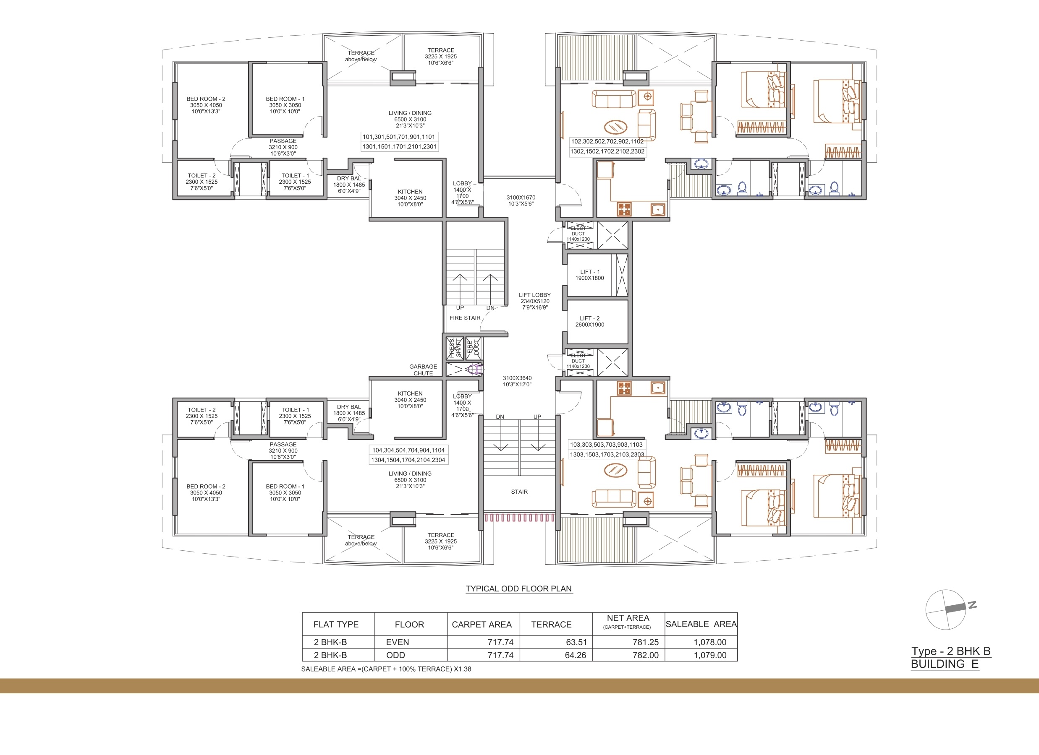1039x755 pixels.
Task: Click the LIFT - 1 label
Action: (589, 275)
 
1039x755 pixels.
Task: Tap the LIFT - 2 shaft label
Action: (589, 321)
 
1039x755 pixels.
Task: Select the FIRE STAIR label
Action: (465, 318)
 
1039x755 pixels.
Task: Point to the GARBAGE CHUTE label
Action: (423, 370)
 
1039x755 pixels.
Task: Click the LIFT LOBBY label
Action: (535, 301)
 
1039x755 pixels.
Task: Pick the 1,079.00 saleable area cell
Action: (709, 655)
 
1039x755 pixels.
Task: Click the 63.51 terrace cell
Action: (576, 642)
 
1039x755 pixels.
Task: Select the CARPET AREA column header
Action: (482, 625)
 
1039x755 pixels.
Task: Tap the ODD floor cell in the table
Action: (395, 655)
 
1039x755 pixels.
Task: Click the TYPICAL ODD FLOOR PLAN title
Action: (518, 589)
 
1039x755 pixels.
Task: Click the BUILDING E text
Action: (944, 664)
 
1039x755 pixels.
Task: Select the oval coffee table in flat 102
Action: (615, 126)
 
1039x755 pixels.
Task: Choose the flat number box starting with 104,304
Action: (408, 455)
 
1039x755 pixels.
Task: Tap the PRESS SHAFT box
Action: (455, 348)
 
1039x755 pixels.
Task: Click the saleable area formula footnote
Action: (386, 669)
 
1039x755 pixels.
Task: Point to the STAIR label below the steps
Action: (519, 492)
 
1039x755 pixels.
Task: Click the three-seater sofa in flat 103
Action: (614, 499)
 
